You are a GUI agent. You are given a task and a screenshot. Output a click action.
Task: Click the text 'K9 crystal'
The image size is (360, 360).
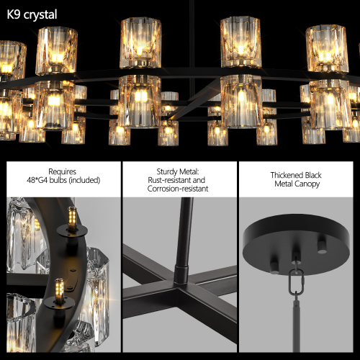tap(32, 14)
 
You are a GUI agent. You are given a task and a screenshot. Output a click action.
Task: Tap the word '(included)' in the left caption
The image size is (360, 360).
tap(81, 181)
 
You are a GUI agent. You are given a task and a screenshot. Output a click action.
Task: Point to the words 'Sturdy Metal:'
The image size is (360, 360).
tap(179, 171)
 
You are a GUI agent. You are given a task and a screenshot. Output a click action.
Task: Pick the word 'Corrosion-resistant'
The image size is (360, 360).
tap(179, 189)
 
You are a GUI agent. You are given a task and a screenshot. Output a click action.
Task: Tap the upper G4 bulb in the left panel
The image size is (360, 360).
tap(72, 217)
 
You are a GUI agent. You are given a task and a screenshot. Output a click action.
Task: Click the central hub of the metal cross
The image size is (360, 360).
tap(181, 276)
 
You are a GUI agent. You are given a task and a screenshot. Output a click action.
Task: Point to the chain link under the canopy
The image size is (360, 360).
tap(294, 280)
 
